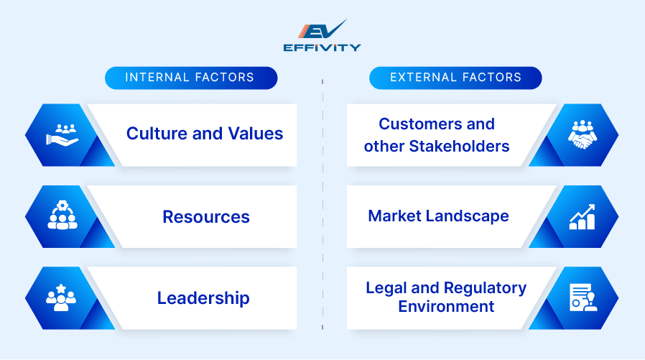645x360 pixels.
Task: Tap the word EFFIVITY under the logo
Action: (322, 48)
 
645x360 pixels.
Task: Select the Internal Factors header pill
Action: (190, 78)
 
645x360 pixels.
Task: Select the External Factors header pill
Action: (455, 78)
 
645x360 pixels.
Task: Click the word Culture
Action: (159, 134)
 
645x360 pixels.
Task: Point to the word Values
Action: (256, 134)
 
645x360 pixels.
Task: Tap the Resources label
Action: (206, 217)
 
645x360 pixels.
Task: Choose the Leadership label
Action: (204, 298)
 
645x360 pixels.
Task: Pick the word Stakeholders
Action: (459, 147)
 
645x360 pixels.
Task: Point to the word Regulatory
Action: (486, 288)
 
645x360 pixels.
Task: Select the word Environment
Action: (446, 307)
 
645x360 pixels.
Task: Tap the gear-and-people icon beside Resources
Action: (62, 216)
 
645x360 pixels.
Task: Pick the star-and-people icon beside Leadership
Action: (62, 298)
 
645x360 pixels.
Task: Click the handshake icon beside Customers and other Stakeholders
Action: (582, 134)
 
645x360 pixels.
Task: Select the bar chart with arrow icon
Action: (582, 216)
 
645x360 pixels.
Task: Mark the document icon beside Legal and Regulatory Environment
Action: (582, 298)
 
